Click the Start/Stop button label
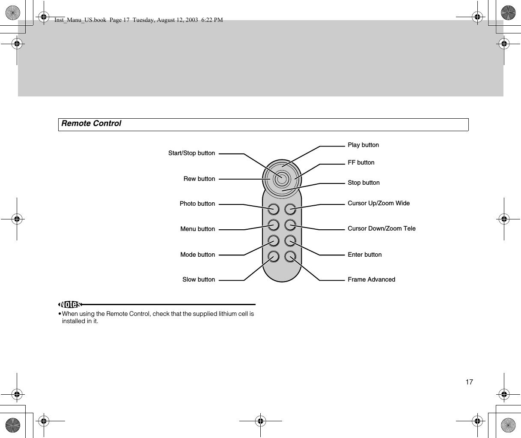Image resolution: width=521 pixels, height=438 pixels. pyautogui.click(x=191, y=153)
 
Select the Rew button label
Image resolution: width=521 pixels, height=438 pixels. pyautogui.click(x=199, y=179)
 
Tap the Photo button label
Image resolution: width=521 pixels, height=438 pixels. pyautogui.click(x=197, y=204)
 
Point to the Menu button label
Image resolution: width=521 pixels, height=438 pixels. pyautogui.click(x=197, y=229)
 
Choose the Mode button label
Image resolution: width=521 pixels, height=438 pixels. pyautogui.click(x=197, y=255)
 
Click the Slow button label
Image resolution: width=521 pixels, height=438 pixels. pyautogui.click(x=199, y=279)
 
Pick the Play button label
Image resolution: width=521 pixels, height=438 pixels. pyautogui.click(x=363, y=145)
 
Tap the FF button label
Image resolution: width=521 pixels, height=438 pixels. pyautogui.click(x=361, y=162)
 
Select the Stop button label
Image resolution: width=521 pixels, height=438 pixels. pyautogui.click(x=363, y=183)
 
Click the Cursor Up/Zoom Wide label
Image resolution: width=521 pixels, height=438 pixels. pyautogui.click(x=378, y=203)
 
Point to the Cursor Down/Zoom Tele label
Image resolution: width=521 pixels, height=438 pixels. pyautogui.click(x=381, y=228)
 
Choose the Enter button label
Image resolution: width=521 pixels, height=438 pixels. pyautogui.click(x=364, y=255)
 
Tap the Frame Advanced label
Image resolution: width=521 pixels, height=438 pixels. pyautogui.click(x=371, y=279)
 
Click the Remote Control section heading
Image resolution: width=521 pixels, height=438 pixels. pyautogui.click(x=91, y=123)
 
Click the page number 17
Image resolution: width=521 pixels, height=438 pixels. pyautogui.click(x=469, y=382)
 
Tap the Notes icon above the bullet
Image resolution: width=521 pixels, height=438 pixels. pyautogui.click(x=70, y=304)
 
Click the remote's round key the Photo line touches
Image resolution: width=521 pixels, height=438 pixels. pyautogui.click(x=274, y=209)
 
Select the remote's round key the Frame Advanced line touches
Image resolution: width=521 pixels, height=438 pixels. pyautogui.click(x=290, y=257)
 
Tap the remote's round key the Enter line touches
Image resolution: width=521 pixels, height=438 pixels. pyautogui.click(x=290, y=241)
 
